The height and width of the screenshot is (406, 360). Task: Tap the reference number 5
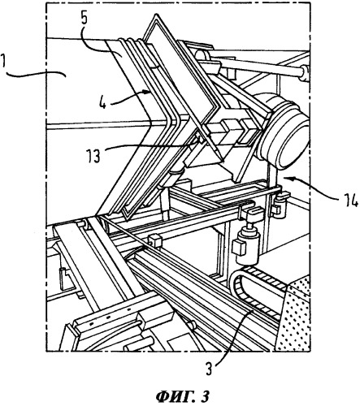84,17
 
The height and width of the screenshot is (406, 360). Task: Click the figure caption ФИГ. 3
183,396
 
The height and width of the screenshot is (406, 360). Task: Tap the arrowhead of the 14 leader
284,178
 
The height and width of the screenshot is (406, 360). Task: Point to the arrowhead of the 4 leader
149,93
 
